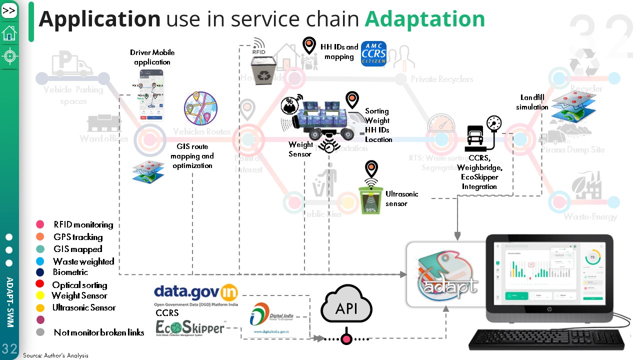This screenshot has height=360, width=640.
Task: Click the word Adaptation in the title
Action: (x=424, y=19)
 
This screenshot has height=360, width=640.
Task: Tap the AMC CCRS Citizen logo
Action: (x=373, y=54)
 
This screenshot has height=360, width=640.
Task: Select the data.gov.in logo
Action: (x=196, y=293)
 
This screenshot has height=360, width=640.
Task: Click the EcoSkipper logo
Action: (x=190, y=327)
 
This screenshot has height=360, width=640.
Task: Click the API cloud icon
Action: (x=346, y=306)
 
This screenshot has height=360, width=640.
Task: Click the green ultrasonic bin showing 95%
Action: (x=371, y=199)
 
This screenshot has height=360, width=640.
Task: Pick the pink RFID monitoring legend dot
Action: (x=40, y=224)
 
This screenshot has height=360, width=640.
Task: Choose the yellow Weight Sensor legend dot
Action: (x=40, y=295)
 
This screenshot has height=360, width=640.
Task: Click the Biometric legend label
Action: (x=70, y=272)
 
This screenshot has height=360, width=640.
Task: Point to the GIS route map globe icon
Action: (x=201, y=109)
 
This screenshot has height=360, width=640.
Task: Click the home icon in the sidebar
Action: (x=9, y=33)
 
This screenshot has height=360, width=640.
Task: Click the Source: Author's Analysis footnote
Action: (x=55, y=355)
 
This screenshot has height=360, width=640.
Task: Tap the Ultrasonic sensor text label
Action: (x=401, y=198)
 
